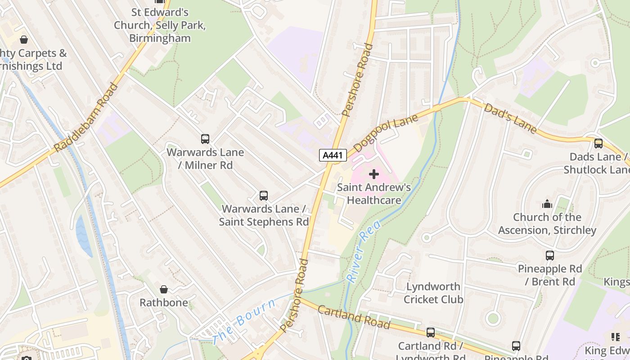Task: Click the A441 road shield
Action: [x=333, y=155]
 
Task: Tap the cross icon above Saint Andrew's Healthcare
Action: [x=373, y=174]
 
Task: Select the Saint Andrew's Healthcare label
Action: [x=373, y=193]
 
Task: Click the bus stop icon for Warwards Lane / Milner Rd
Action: [x=205, y=139]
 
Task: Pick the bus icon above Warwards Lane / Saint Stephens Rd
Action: [x=264, y=196]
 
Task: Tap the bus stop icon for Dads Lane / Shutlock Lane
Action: [x=598, y=144]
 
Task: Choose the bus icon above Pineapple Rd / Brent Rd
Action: [x=549, y=256]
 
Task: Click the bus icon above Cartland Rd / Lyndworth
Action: [x=431, y=333]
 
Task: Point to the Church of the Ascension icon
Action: [x=547, y=204]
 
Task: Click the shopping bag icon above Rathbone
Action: [x=164, y=289]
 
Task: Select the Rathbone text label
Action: [x=164, y=302]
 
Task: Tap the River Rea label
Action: [x=364, y=251]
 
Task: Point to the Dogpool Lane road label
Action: [x=386, y=133]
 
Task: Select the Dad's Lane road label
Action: [x=510, y=118]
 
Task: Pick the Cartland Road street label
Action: [x=354, y=317]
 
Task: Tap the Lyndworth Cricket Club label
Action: [x=433, y=293]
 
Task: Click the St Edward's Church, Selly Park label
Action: [x=160, y=25]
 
